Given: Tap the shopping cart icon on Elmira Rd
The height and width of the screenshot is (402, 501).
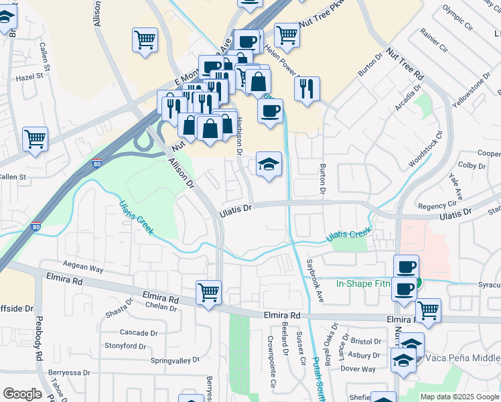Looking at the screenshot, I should point(209,293).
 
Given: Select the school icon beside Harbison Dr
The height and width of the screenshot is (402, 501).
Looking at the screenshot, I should point(269,165).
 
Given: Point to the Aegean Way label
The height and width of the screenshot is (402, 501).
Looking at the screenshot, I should point(83,268).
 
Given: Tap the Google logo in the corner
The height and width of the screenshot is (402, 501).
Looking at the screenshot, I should point(22,394).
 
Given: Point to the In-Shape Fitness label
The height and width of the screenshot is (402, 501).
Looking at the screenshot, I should point(363,283).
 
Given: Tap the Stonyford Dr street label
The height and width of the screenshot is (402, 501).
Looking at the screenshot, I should point(125,346).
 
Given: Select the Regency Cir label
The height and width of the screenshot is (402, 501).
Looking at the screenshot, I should point(437,206).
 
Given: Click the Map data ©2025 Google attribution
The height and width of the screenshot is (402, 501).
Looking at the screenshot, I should point(459,397).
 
